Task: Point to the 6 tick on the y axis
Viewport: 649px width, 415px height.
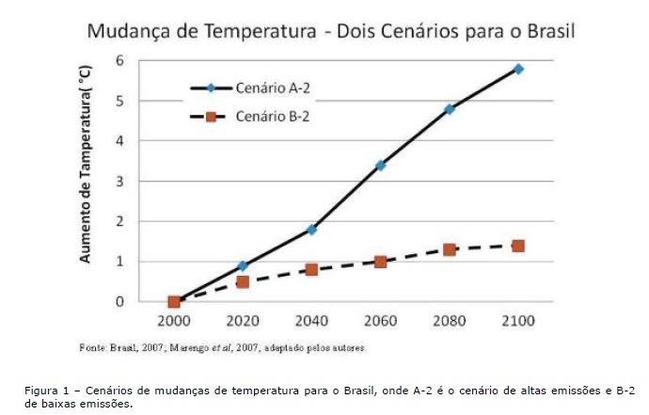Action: pyautogui.click(x=119, y=60)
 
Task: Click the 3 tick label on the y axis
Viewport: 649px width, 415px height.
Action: pyautogui.click(x=119, y=181)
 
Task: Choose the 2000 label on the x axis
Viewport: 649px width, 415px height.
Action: pyautogui.click(x=173, y=321)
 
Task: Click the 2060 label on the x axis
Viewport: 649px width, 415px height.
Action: pyautogui.click(x=380, y=321)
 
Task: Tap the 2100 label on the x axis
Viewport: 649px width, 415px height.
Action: pyautogui.click(x=517, y=321)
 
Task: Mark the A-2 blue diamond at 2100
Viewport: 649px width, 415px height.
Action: pyautogui.click(x=518, y=69)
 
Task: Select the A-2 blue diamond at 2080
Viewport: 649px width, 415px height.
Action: pyautogui.click(x=450, y=109)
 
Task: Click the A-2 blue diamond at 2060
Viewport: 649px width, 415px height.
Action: pyautogui.click(x=380, y=166)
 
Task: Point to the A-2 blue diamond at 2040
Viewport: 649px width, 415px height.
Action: pyautogui.click(x=311, y=230)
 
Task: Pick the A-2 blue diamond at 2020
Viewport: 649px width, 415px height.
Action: pyautogui.click(x=243, y=266)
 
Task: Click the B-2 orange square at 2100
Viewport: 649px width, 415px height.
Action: pyautogui.click(x=518, y=246)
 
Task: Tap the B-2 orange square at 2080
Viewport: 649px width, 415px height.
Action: pyautogui.click(x=450, y=249)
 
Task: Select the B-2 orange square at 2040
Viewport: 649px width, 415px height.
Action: pyautogui.click(x=311, y=270)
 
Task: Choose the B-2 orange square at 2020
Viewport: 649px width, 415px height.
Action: pyautogui.click(x=243, y=281)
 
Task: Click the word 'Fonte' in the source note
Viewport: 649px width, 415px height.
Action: pyautogui.click(x=90, y=348)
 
